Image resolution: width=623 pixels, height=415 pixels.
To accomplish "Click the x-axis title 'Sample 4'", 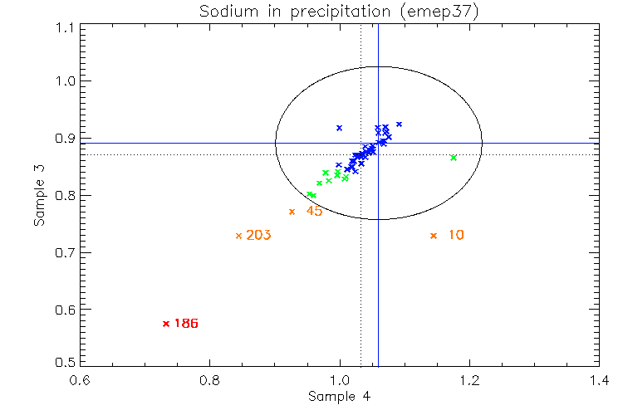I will click(x=339, y=397).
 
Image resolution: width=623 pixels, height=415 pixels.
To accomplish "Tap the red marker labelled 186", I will click(x=166, y=324).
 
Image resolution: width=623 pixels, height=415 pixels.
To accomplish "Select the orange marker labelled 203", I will click(x=238, y=236).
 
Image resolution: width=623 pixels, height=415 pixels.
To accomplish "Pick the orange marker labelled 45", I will click(x=292, y=212).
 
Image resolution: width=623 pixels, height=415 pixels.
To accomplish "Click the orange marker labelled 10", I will click(x=433, y=236).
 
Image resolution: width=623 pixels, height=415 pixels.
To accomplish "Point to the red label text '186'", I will click(x=186, y=324).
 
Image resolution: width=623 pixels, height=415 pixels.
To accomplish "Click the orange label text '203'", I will click(x=258, y=236).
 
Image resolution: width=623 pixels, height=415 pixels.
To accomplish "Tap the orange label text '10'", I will click(x=456, y=236).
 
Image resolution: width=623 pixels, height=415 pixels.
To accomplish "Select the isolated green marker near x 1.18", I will click(x=453, y=158).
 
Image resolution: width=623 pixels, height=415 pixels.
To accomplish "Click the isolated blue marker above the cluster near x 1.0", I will click(x=339, y=128).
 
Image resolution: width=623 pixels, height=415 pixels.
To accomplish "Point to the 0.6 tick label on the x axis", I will click(x=80, y=383).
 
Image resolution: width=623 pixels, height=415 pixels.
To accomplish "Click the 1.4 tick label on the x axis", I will click(x=599, y=383).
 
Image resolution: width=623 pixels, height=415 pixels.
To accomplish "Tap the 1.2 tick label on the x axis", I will click(x=469, y=383).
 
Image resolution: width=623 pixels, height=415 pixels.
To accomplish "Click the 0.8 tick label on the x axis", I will click(x=209, y=383).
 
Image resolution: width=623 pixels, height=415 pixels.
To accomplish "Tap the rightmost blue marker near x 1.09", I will click(x=400, y=124).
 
